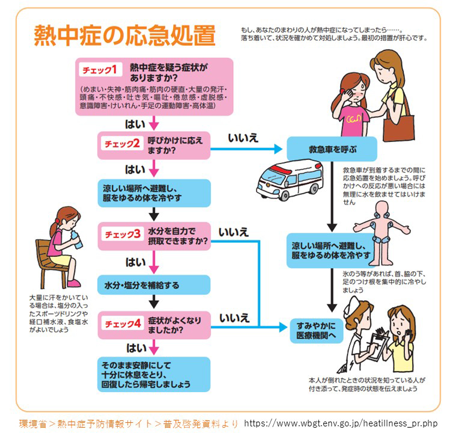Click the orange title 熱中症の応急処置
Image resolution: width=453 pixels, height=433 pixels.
[x=125, y=35]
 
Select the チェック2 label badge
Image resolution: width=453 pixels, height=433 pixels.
[x=122, y=144]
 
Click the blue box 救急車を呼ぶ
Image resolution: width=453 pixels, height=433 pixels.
[x=332, y=149]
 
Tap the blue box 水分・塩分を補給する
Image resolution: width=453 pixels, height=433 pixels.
[x=154, y=285]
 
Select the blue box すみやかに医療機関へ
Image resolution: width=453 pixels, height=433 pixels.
[x=317, y=331]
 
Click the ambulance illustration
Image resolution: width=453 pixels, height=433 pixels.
[x=290, y=179]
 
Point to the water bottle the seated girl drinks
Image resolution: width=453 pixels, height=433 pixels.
[x=76, y=240]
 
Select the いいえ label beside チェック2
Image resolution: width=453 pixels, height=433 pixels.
[x=243, y=138]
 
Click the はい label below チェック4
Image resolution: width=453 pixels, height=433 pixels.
[x=136, y=348]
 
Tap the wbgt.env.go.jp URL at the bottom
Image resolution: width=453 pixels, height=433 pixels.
[x=341, y=423]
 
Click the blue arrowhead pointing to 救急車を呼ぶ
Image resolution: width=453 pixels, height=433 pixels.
[x=278, y=149]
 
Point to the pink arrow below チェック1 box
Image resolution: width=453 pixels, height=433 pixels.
[x=154, y=123]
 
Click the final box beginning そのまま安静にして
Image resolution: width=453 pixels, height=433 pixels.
[x=154, y=375]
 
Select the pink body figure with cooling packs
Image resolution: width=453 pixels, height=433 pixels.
[x=382, y=233]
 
